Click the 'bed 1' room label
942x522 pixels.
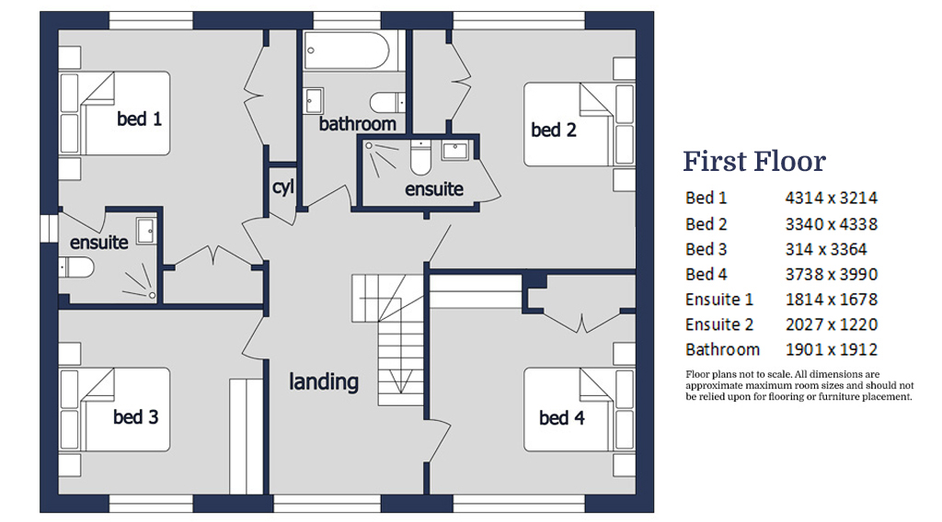click(139, 119)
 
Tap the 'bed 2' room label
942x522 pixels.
click(554, 130)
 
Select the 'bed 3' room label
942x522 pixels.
click(136, 417)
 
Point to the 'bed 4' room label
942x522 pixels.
click(561, 418)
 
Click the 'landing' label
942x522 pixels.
click(323, 381)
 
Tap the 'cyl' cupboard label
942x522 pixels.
click(282, 187)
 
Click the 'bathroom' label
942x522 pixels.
click(357, 123)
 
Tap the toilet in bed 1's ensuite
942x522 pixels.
click(78, 267)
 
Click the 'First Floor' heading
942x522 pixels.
click(753, 162)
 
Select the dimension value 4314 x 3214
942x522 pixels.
click(831, 198)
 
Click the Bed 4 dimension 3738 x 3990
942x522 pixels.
click(831, 274)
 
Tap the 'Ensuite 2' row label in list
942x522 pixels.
click(718, 324)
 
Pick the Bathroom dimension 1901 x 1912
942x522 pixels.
click(831, 349)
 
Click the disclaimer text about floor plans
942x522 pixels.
click(798, 386)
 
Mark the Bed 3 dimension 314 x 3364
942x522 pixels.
click(825, 248)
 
